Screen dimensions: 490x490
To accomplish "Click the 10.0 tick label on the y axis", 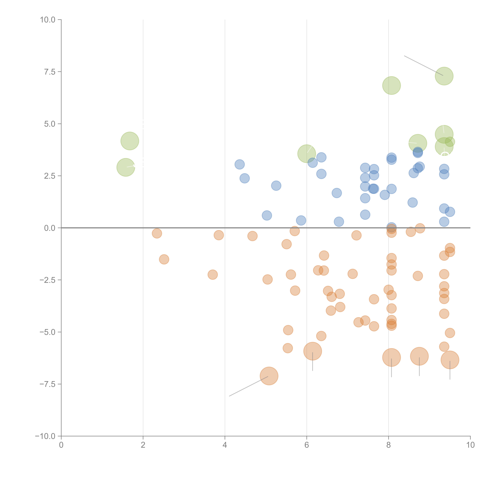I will (x=48, y=20).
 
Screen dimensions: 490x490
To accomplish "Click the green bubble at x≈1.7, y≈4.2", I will (x=130, y=141).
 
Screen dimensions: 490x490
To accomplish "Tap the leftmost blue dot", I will (x=239, y=164).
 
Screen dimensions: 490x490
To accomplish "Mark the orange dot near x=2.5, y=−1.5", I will (x=164, y=259).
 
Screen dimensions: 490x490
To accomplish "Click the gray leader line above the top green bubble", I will (x=424, y=65).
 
